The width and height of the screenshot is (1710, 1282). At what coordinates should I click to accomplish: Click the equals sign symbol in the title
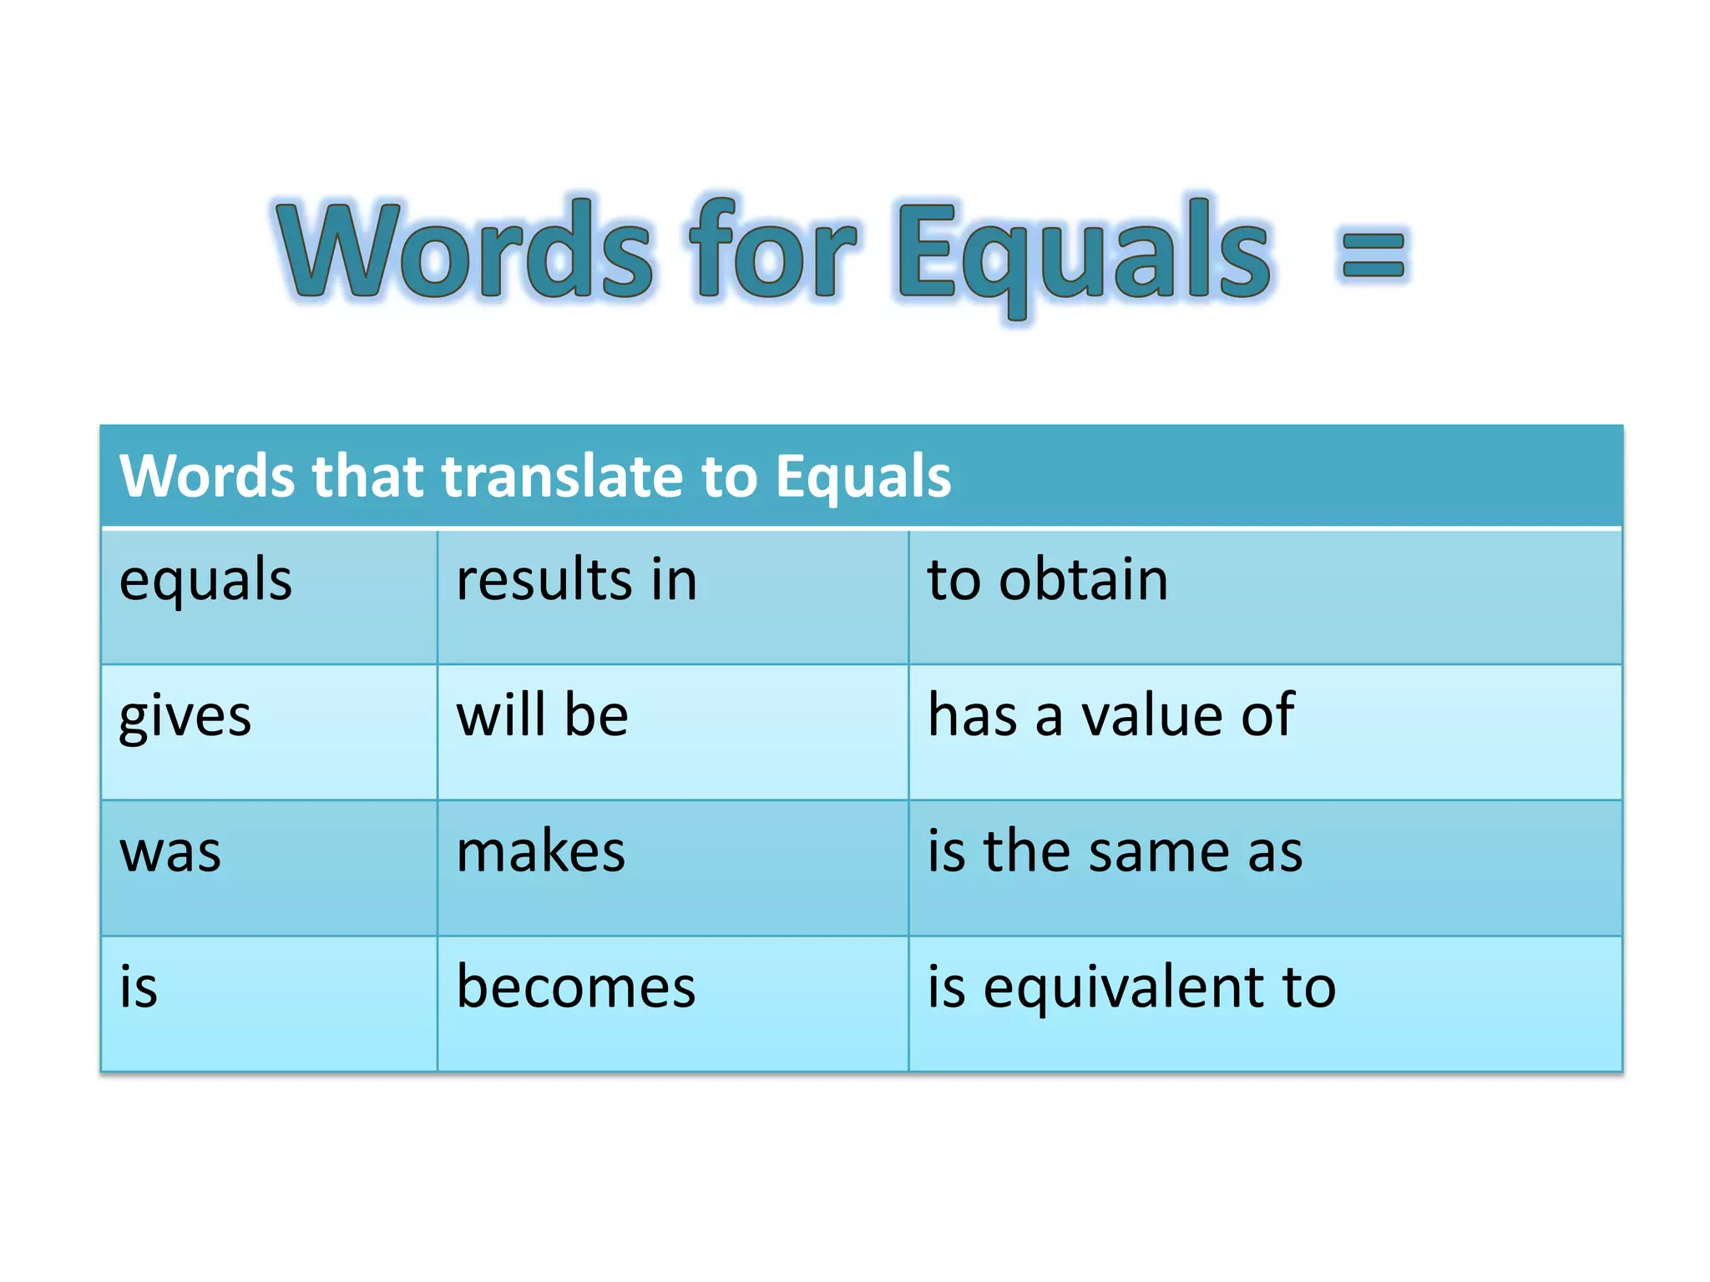click(1373, 255)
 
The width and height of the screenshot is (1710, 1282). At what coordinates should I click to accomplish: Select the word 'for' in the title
click(772, 248)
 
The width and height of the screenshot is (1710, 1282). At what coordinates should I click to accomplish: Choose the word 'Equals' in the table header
click(863, 477)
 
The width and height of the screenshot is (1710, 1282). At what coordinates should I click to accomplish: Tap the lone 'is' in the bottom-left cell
click(139, 987)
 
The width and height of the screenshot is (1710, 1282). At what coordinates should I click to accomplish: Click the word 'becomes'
click(575, 987)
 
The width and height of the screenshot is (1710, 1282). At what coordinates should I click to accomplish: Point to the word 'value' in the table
click(1153, 715)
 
